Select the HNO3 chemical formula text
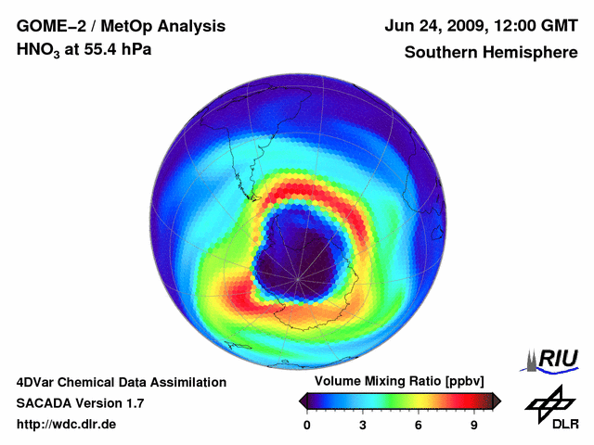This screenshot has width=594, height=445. pyautogui.click(x=39, y=50)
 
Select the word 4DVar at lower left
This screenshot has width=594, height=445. pyautogui.click(x=37, y=382)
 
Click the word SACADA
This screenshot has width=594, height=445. pyautogui.click(x=45, y=403)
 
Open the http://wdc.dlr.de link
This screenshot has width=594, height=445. pyautogui.click(x=67, y=425)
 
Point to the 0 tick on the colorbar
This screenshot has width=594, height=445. pyautogui.click(x=307, y=425)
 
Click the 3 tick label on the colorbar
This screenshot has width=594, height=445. pyautogui.click(x=363, y=425)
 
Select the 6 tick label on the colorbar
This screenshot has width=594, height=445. pyautogui.click(x=419, y=425)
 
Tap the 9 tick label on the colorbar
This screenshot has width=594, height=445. pyautogui.click(x=473, y=425)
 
